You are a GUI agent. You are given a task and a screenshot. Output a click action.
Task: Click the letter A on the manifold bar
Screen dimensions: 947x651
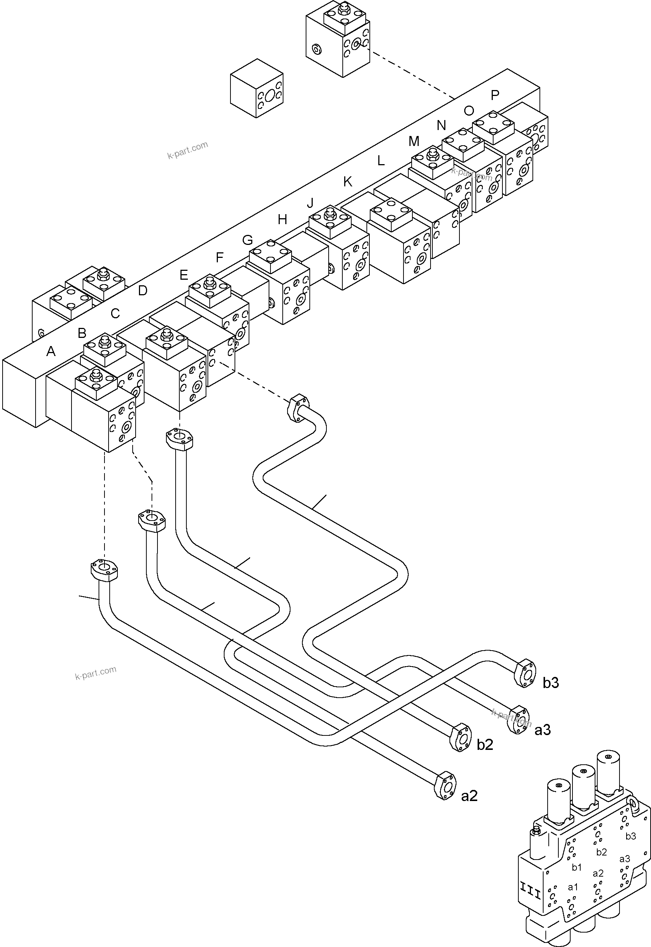coord(51,351)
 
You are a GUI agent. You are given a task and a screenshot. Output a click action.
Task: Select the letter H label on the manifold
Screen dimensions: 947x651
coord(282,220)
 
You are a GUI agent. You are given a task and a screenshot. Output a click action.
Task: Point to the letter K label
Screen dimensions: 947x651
coord(348,182)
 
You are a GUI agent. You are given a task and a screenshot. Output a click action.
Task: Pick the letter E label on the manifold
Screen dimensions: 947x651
coord(183,275)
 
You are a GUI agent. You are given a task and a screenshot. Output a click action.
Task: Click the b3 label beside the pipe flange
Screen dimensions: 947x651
coord(551,683)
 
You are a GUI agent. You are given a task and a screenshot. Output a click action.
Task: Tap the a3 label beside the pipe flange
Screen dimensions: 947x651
coord(542,730)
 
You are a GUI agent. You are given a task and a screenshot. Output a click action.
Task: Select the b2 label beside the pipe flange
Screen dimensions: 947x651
coord(485,745)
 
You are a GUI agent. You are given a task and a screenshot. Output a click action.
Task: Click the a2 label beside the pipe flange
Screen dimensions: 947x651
coord(469,796)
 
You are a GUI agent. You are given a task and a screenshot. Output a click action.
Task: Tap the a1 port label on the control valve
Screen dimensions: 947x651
coord(573,887)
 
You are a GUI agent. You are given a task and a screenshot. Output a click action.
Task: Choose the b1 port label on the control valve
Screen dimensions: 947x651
coord(577,867)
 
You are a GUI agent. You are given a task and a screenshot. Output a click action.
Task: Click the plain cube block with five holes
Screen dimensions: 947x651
coord(256,88)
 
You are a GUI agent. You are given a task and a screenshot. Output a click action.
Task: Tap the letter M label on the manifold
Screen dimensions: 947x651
coord(413,142)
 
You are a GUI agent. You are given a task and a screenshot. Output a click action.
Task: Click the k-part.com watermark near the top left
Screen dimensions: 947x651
coord(187,150)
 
